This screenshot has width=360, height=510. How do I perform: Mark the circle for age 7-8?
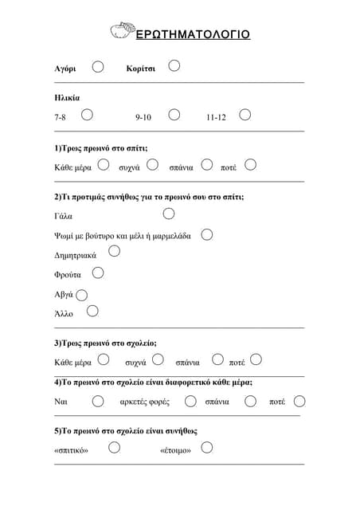click(x=87, y=115)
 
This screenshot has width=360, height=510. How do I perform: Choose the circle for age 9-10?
click(x=174, y=115)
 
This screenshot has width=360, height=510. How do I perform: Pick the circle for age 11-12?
click(x=245, y=115)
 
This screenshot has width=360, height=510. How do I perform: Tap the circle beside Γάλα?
click(x=169, y=214)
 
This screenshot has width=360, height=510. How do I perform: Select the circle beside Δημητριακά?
click(x=114, y=252)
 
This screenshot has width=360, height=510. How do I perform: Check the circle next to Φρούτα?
click(x=98, y=273)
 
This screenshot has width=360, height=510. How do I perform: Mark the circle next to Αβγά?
click(x=82, y=295)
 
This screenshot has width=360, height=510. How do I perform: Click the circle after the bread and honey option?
click(x=207, y=234)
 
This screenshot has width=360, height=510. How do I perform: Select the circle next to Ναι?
click(x=98, y=401)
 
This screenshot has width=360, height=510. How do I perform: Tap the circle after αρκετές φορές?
click(x=186, y=401)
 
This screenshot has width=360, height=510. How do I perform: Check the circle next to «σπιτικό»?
click(x=115, y=447)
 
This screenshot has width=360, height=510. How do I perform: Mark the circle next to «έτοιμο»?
click(x=207, y=447)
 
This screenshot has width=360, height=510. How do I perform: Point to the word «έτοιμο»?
click(x=175, y=450)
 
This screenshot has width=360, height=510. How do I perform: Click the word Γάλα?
click(x=63, y=216)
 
